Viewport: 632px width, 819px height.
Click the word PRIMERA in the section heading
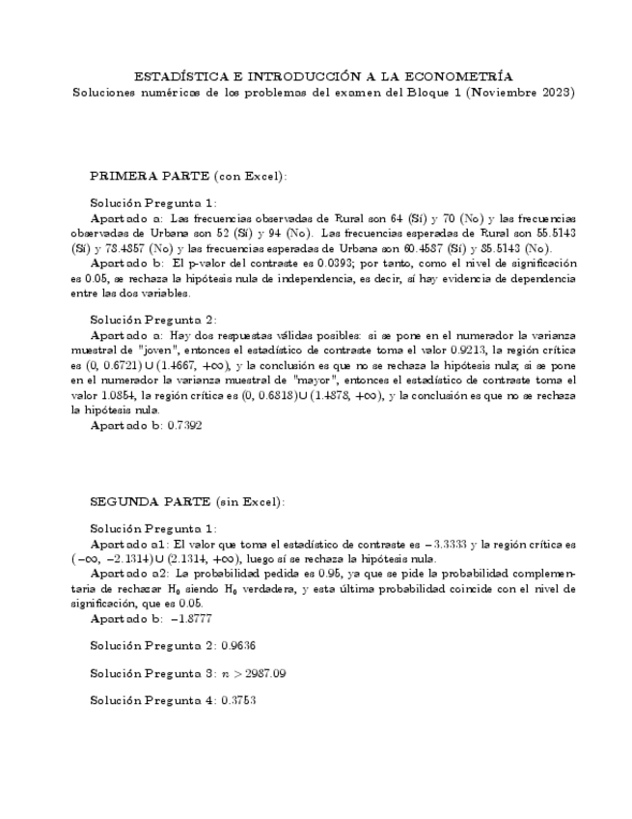(119, 177)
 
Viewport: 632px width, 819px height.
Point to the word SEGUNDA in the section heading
(121, 501)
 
